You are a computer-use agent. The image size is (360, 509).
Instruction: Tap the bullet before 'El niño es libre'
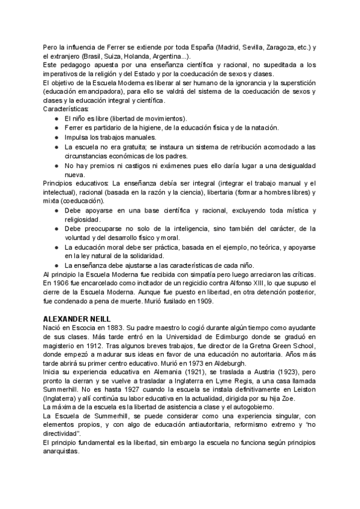(56, 118)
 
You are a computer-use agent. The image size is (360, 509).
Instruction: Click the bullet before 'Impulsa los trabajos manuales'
(56, 137)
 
